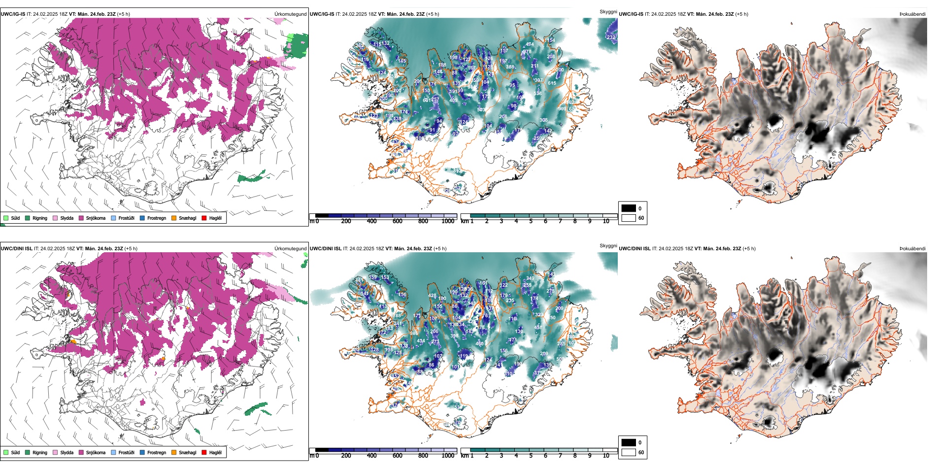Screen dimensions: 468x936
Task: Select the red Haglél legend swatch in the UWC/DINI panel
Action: (204, 452)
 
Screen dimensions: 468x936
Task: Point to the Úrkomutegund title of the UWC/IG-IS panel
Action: (290, 14)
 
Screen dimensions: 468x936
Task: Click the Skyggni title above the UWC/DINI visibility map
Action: (608, 245)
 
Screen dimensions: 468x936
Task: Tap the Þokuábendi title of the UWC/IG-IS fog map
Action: (912, 14)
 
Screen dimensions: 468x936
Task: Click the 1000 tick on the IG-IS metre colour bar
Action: (448, 221)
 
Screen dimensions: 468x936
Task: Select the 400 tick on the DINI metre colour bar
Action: (371, 456)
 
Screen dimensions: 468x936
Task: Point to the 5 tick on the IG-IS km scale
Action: (531, 221)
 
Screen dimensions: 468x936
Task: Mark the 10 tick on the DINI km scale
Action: (606, 456)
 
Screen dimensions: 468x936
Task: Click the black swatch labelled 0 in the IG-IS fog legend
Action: (629, 208)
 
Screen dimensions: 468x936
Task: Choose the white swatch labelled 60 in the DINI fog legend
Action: (629, 452)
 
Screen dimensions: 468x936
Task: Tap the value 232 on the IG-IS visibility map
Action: (611, 37)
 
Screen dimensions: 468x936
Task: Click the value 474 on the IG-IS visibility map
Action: (530, 44)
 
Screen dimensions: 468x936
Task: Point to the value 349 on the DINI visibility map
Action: (530, 278)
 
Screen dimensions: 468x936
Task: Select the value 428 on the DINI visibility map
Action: (432, 296)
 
